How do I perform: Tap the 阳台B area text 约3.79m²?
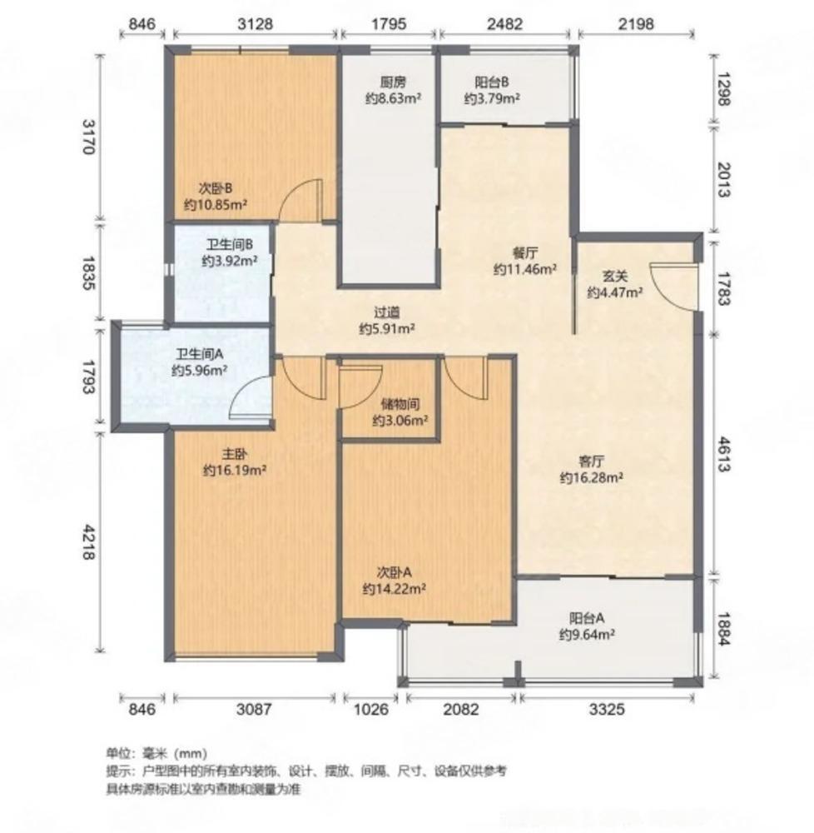click(493, 98)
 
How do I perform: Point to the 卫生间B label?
click(230, 245)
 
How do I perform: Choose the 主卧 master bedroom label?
click(234, 454)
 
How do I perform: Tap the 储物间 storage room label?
click(400, 405)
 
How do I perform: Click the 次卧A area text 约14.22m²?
click(395, 588)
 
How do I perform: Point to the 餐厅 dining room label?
click(524, 254)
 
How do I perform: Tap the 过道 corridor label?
click(387, 312)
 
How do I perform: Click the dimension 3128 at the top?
click(255, 24)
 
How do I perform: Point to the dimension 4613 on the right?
click(721, 455)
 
